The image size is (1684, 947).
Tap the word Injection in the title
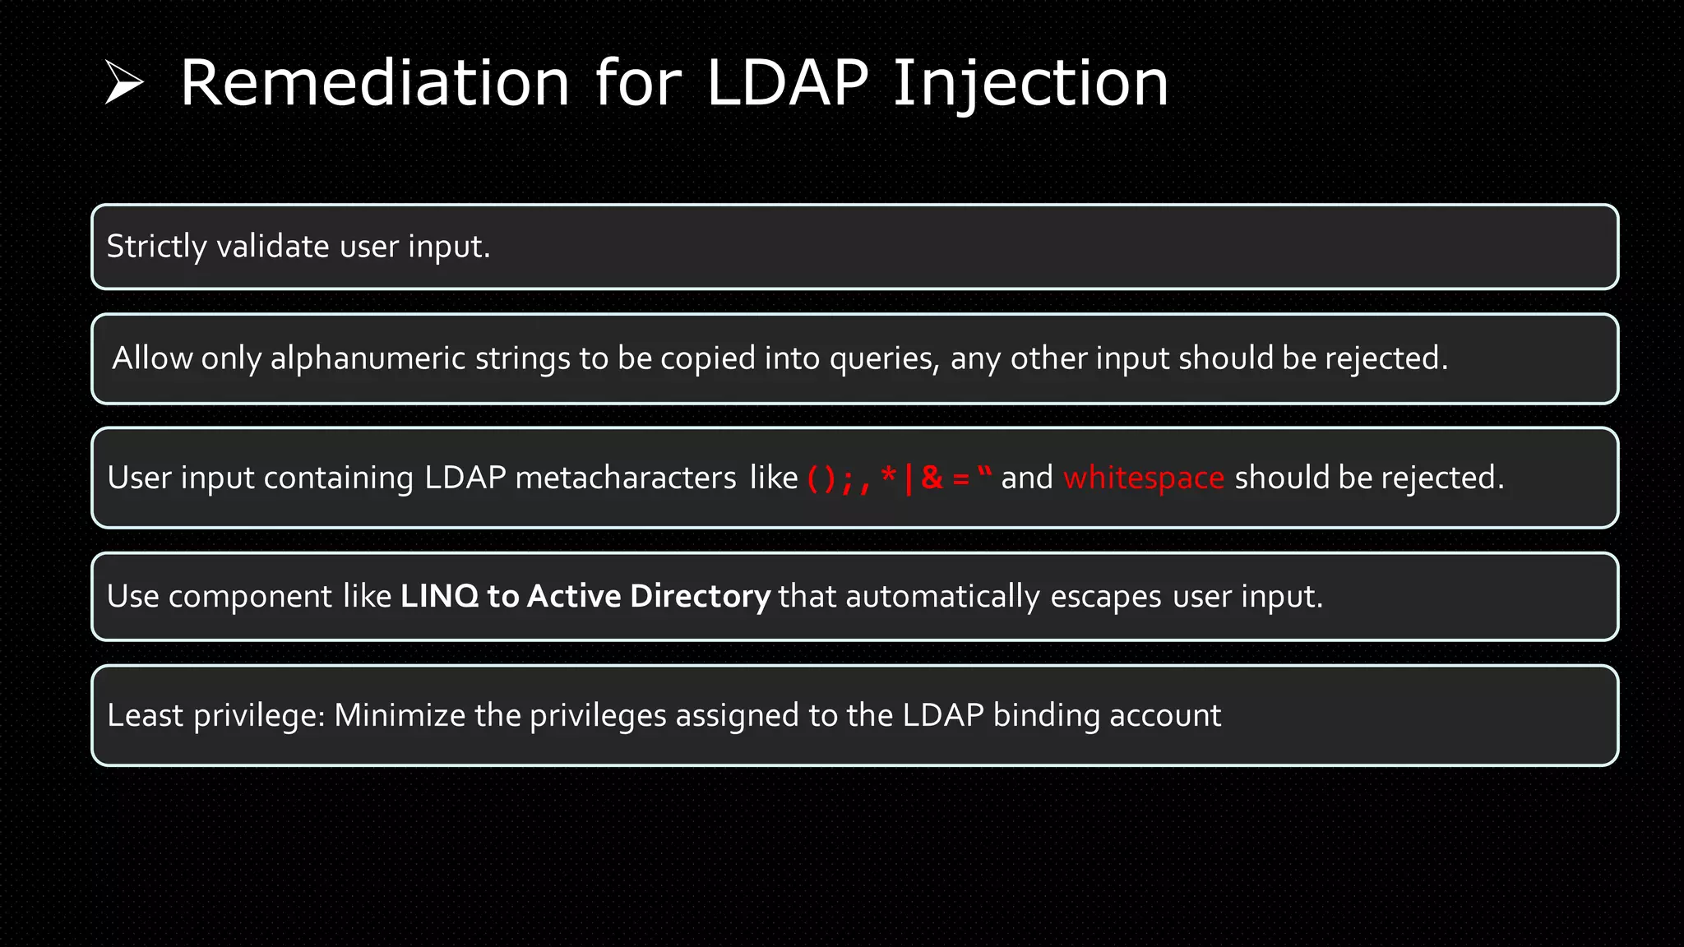(x=1029, y=84)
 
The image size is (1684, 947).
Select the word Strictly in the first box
(x=156, y=247)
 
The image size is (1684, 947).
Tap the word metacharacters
(x=625, y=478)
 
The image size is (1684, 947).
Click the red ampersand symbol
(x=932, y=477)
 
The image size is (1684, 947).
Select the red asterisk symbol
(x=888, y=474)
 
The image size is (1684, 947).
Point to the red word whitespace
(x=1144, y=478)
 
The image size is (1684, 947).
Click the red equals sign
(x=960, y=478)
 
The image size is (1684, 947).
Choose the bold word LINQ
(x=439, y=596)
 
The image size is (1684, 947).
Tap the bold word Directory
(x=700, y=597)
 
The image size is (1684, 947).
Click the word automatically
(x=942, y=597)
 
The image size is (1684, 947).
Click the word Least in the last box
(x=146, y=715)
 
